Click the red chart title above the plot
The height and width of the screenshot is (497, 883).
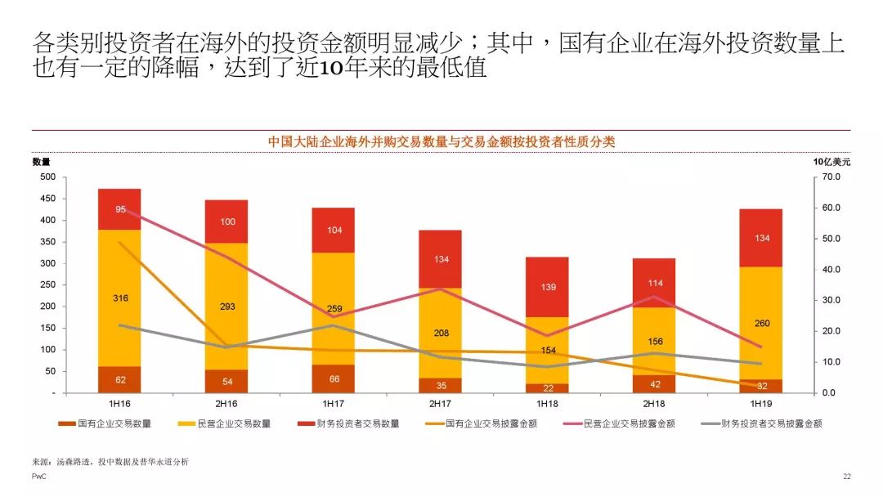pos(441,141)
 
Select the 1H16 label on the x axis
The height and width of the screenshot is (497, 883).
pos(119,405)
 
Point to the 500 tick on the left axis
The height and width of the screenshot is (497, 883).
pos(47,177)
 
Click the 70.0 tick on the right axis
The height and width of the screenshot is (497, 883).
pos(831,177)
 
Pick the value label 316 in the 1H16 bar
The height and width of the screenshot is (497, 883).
pos(120,298)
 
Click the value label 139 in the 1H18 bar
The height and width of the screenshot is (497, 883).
pos(546,288)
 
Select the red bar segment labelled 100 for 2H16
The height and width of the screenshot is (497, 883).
pos(226,222)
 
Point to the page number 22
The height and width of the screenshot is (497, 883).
pos(846,476)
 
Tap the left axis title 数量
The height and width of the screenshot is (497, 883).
pos(41,162)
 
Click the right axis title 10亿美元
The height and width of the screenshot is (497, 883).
pos(831,162)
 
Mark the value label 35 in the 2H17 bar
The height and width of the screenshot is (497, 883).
pos(440,385)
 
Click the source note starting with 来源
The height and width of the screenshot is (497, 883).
pos(110,462)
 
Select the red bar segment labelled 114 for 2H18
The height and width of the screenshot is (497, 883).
pos(653,283)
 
